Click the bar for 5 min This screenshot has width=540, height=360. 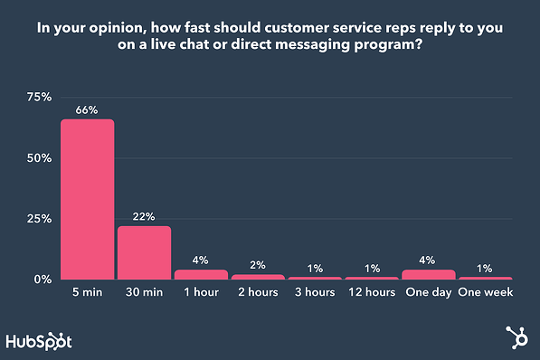point(88,199)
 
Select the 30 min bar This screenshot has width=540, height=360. point(145,252)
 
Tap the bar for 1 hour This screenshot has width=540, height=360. point(201,274)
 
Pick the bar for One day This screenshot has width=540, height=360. point(428,274)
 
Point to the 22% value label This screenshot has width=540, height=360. point(145,217)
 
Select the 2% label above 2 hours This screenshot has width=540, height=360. point(258,265)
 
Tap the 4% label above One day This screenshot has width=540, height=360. point(428,261)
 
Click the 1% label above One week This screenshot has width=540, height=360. point(485,268)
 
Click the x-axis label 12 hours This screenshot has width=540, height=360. point(371,293)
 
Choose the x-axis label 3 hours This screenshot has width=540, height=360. point(314,293)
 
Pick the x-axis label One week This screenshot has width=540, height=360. point(485,293)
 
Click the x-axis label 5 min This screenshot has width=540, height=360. point(88,293)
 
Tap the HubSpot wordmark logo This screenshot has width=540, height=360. point(39,341)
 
